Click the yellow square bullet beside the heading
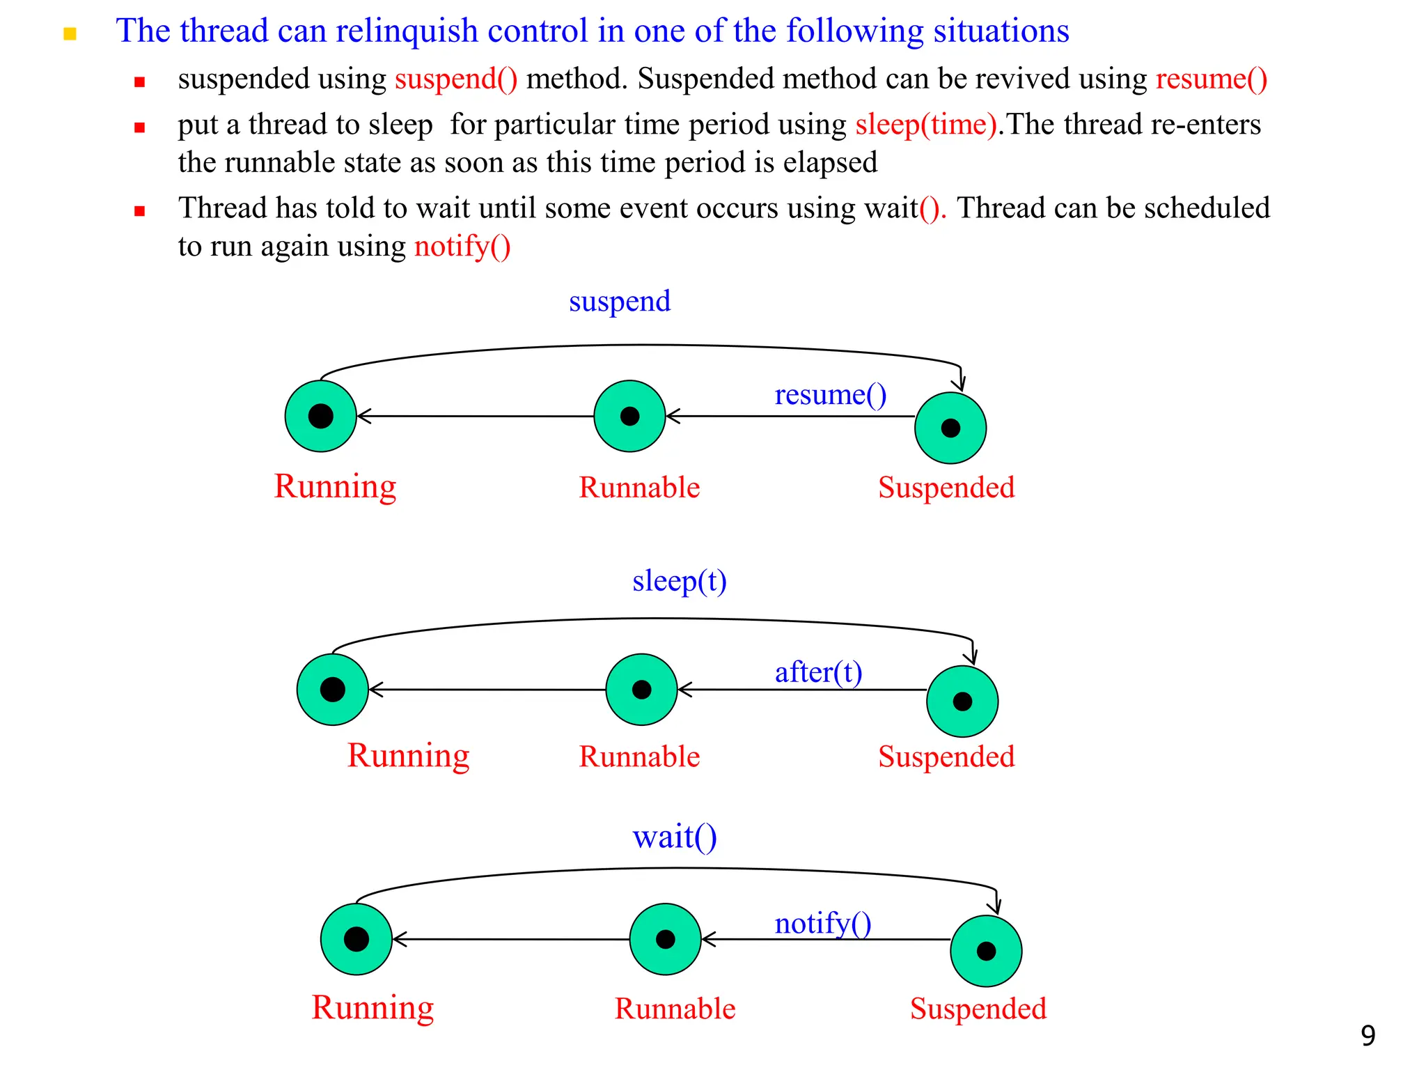click(70, 33)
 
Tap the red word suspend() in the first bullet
click(455, 79)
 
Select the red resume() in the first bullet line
click(1211, 79)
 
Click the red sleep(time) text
click(926, 125)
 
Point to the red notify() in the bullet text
click(462, 247)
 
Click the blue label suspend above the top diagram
click(619, 302)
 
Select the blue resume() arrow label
click(830, 395)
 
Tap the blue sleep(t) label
click(679, 581)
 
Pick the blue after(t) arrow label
click(818, 673)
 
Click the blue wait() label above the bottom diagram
click(674, 837)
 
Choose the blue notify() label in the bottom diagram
click(822, 924)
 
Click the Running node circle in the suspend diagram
click(320, 416)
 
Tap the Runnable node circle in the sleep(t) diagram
click(641, 690)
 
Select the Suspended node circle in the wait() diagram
click(986, 951)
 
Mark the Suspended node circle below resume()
click(950, 428)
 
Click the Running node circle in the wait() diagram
click(356, 939)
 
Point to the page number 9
click(1368, 1036)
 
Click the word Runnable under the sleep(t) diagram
click(639, 757)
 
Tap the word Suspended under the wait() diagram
click(978, 1009)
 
